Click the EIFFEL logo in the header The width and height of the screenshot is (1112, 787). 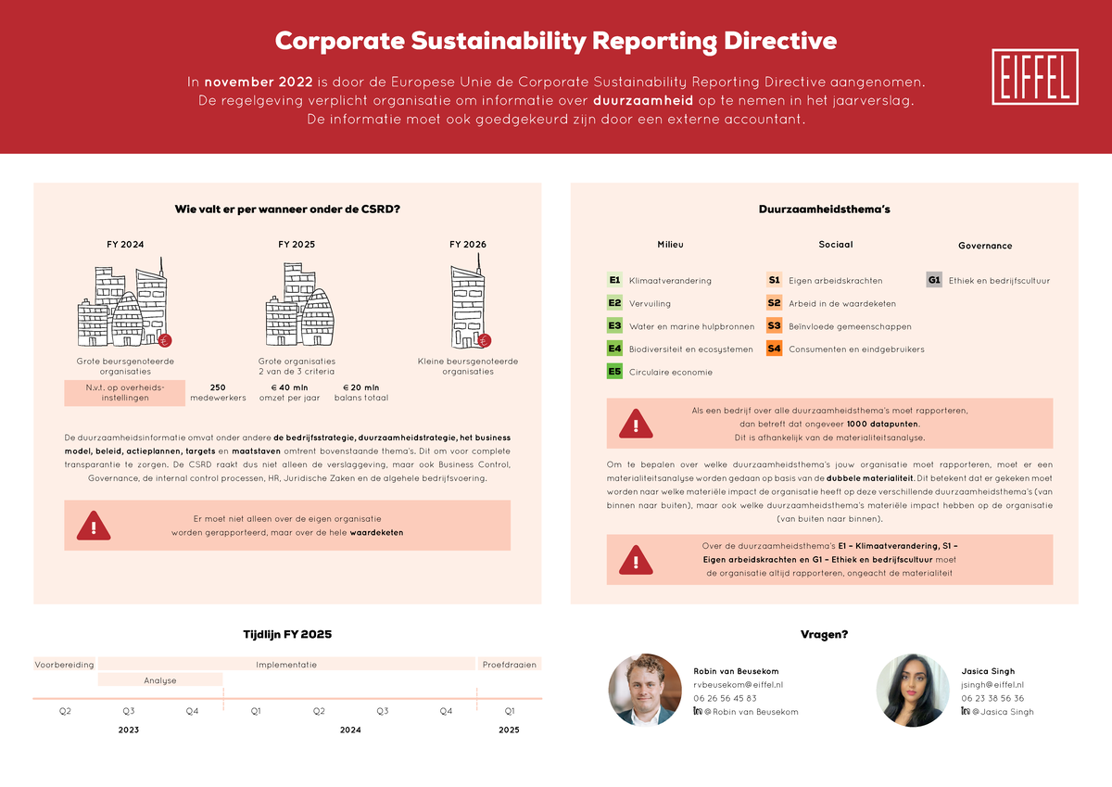point(1034,77)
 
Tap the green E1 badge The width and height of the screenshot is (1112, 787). point(614,280)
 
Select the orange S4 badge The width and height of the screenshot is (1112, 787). point(774,349)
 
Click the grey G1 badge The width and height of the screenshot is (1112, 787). point(934,280)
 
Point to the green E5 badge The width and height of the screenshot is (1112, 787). point(614,372)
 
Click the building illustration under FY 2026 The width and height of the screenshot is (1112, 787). point(468,306)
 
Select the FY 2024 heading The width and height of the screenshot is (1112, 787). point(125,245)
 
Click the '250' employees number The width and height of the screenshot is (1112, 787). point(218,387)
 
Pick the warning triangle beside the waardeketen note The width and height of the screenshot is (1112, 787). point(94,526)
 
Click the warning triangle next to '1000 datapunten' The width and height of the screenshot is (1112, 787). point(636,424)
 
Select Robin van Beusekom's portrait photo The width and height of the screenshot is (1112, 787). point(645,689)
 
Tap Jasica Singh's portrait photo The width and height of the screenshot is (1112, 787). point(911,689)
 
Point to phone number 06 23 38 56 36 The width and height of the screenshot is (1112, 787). point(992,698)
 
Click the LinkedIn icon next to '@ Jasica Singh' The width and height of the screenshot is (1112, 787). point(966,711)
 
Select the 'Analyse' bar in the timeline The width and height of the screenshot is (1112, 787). point(159,680)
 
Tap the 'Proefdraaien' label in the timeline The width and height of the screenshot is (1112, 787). point(509,665)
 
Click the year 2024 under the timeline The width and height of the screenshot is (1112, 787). point(350,730)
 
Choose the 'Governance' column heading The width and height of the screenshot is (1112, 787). point(984,246)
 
